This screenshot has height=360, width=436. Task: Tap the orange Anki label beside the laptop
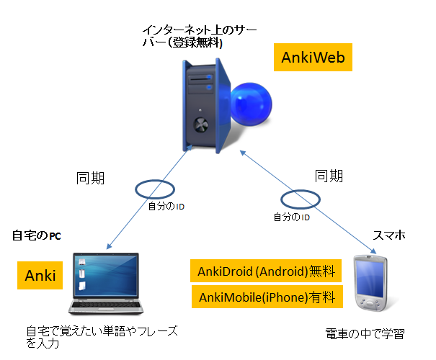tap(40, 275)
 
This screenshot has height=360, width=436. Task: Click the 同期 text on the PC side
tap(90, 176)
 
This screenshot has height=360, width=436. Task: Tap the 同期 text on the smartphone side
tap(329, 175)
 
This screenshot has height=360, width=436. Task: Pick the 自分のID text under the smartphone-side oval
tap(291, 216)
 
